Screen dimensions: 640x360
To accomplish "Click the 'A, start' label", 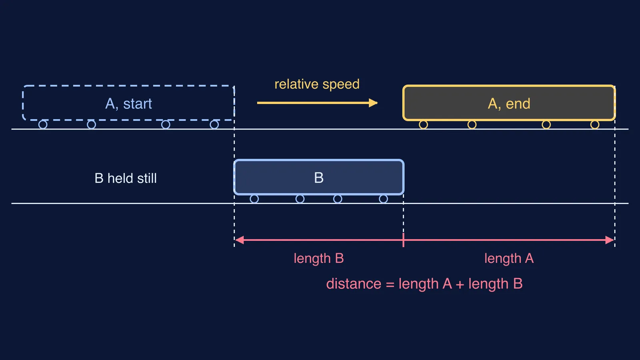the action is tap(128, 104).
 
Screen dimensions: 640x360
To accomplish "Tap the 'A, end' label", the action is tap(509, 104).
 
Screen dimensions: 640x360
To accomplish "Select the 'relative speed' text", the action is tap(317, 84).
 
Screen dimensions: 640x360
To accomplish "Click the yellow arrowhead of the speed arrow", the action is tap(373, 103).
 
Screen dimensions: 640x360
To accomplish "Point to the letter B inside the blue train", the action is tap(319, 178).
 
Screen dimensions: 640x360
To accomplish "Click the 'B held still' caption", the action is tap(126, 178).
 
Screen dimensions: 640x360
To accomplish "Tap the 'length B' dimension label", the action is tap(318, 258).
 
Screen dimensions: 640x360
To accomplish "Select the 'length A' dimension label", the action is tap(509, 258).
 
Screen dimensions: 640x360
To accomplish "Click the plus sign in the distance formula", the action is tap(460, 284).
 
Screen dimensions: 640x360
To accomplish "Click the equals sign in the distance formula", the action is tap(390, 284).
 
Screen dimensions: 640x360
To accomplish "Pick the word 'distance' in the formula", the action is tap(354, 284).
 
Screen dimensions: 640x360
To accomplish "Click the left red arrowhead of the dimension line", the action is tap(240, 240).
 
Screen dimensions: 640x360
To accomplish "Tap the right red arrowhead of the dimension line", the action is tap(610, 240).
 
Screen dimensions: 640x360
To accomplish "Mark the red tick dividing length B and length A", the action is tap(404, 240).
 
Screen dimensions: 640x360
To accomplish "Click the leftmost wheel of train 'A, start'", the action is tap(43, 124).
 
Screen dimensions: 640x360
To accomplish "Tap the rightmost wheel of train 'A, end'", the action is tap(595, 124).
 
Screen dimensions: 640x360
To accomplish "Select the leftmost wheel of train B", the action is tap(254, 199).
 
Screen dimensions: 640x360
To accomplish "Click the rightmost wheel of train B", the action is tap(384, 199).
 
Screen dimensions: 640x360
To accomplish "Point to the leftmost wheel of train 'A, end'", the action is tap(424, 124).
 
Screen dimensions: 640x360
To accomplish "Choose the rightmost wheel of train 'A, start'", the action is tap(214, 124).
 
